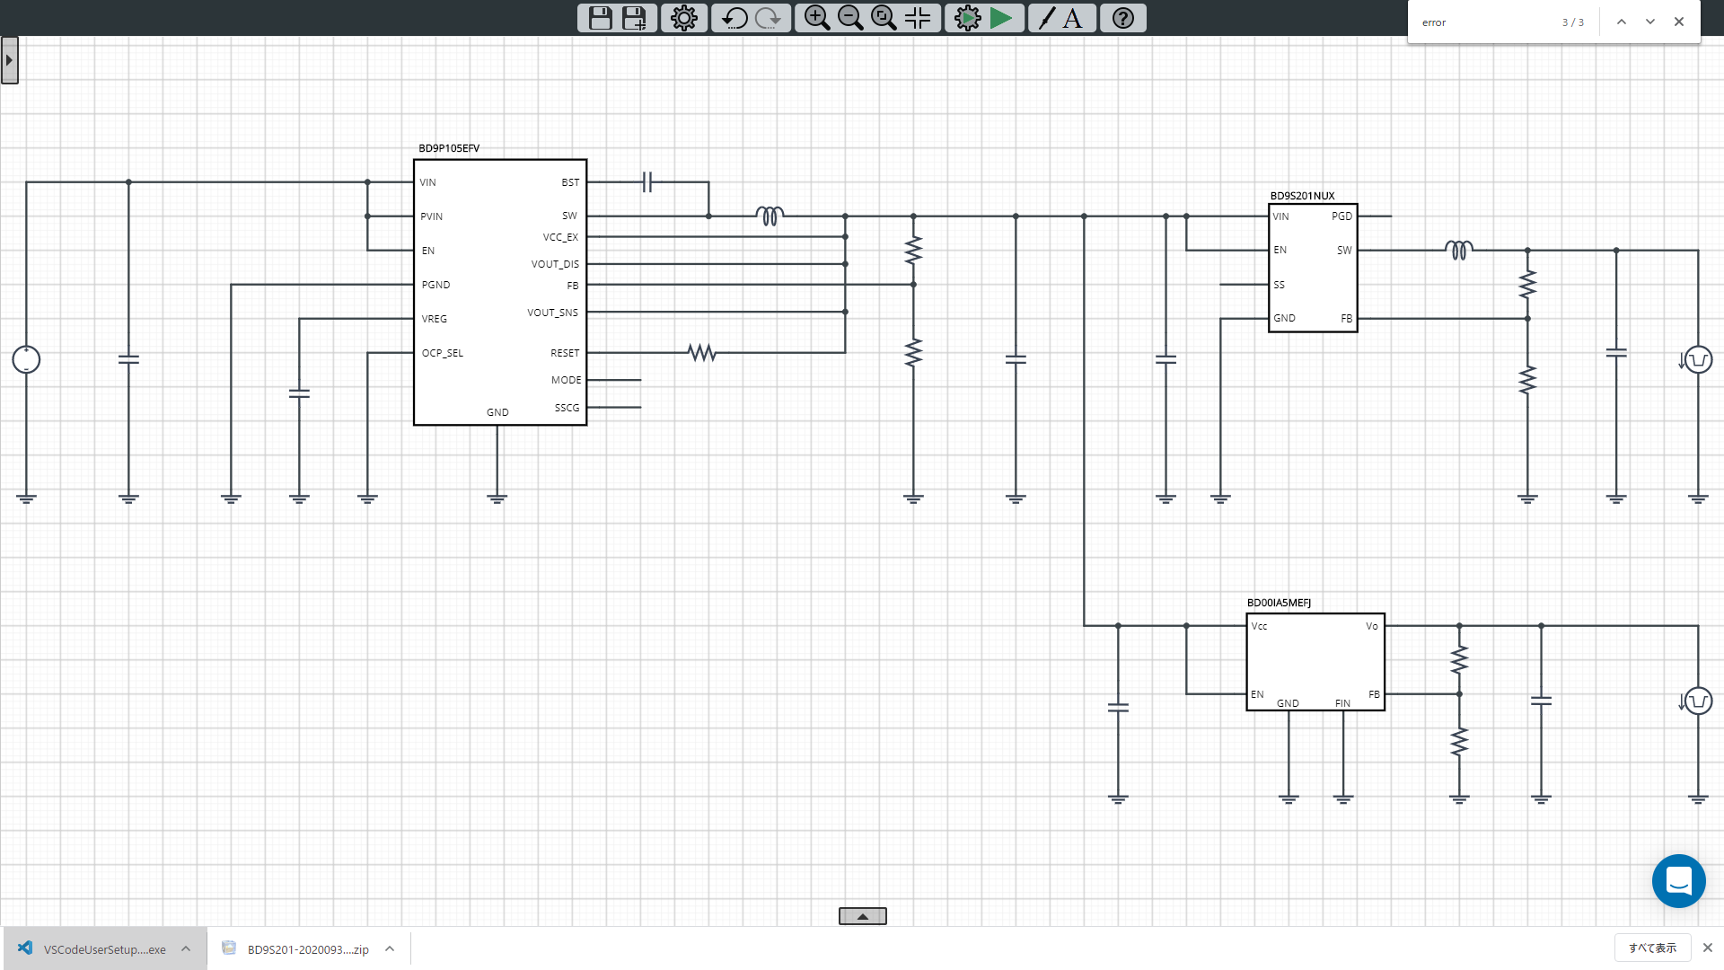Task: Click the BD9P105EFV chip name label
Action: click(449, 148)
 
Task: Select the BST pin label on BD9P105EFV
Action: click(570, 182)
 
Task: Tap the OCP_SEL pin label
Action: click(443, 353)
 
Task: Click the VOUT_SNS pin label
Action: click(552, 313)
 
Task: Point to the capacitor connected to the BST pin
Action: click(647, 182)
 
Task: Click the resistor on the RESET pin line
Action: click(702, 353)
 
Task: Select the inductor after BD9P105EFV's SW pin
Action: click(770, 216)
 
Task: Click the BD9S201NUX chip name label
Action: click(1302, 196)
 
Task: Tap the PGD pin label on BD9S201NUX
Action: click(1341, 216)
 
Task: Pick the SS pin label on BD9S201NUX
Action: click(1279, 285)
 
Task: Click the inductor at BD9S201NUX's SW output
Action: click(1459, 251)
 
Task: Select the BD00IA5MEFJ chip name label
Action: click(1279, 603)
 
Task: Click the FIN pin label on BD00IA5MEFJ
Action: click(1342, 703)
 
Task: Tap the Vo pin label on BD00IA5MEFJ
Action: click(1371, 626)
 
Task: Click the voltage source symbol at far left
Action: click(26, 360)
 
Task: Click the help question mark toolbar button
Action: click(1122, 18)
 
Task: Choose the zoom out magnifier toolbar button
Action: click(849, 18)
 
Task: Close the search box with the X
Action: click(1678, 22)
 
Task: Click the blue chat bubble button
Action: click(1678, 881)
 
